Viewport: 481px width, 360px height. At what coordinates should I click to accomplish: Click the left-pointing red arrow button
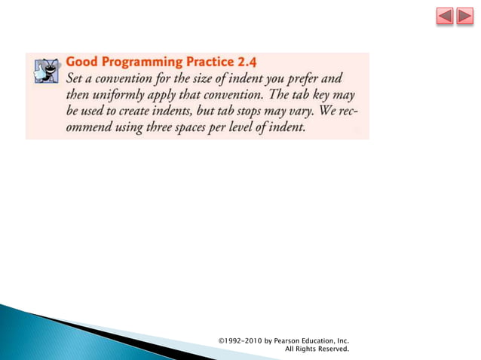coord(445,16)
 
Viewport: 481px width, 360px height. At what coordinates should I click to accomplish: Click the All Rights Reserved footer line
coord(317,349)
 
